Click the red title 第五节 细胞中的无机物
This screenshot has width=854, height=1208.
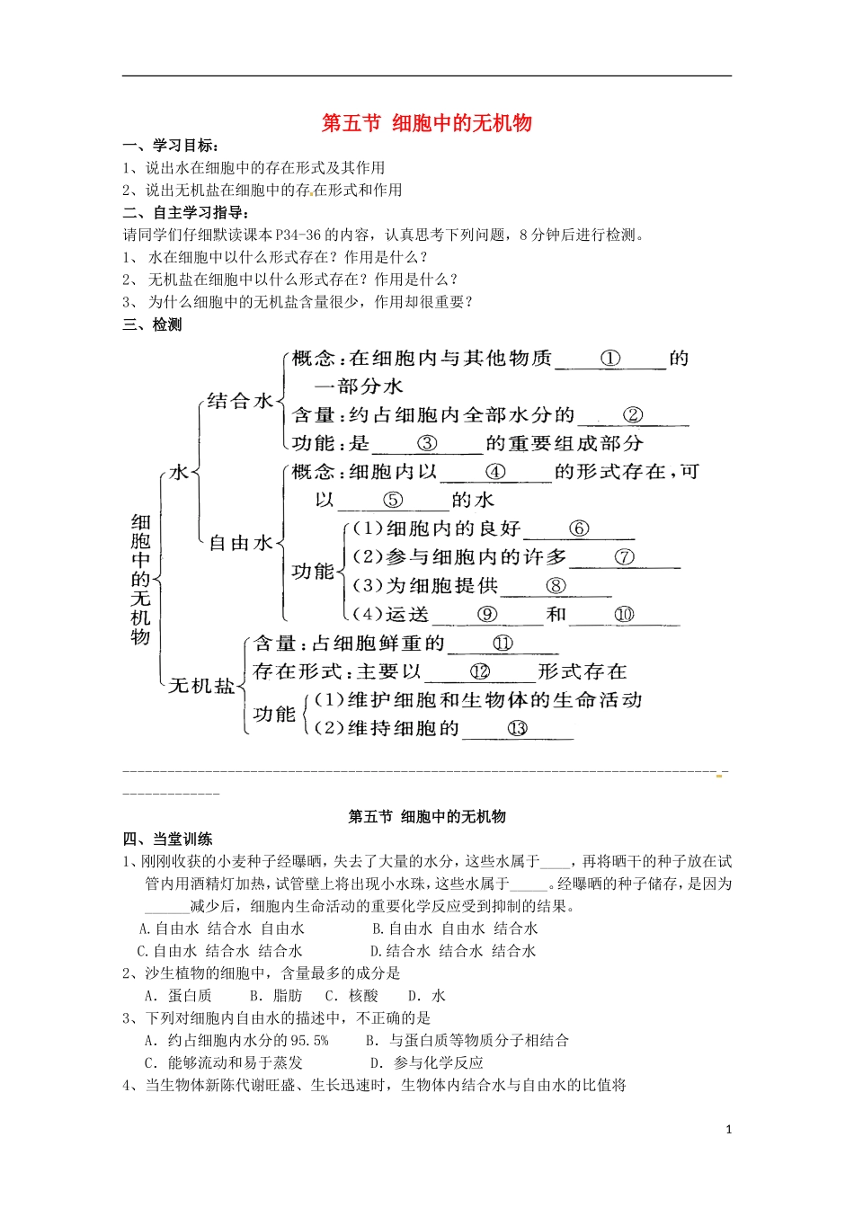(x=427, y=123)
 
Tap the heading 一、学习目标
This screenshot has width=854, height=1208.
(x=171, y=146)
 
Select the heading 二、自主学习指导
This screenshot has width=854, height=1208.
(x=185, y=212)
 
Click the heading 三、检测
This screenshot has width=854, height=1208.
(x=152, y=324)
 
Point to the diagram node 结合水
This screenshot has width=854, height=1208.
(x=239, y=401)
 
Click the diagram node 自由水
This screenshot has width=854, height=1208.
(x=240, y=543)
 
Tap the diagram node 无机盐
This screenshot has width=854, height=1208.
(x=201, y=686)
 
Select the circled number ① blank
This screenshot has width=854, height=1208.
(x=610, y=359)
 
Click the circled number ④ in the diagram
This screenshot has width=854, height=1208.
(x=495, y=472)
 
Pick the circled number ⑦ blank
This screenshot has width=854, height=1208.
(x=625, y=557)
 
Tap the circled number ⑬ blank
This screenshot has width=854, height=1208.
(x=518, y=728)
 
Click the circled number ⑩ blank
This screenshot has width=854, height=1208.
(x=624, y=615)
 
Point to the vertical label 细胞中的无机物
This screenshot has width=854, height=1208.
(x=141, y=579)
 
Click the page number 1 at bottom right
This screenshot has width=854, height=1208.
(x=729, y=1130)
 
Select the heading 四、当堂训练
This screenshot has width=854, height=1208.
(x=167, y=839)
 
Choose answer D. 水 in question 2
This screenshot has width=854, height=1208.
(x=427, y=996)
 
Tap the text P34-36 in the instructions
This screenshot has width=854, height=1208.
(x=298, y=235)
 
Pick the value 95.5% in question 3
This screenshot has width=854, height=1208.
(x=309, y=1041)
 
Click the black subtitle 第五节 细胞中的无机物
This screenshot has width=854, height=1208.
(x=427, y=816)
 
